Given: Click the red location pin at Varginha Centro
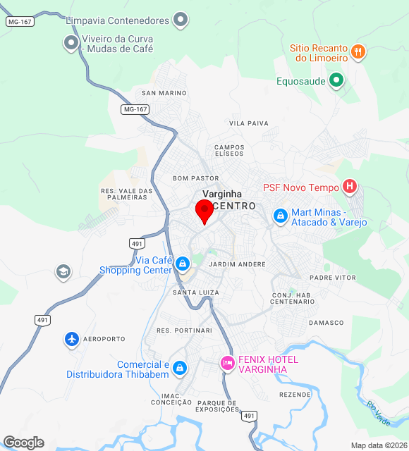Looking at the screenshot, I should point(204,211).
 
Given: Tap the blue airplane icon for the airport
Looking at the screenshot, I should point(71,339).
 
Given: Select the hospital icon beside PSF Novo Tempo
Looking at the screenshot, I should point(349,187).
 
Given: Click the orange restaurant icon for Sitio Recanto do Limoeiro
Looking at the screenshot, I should point(358,51).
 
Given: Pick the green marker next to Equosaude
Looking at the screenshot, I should point(337,80).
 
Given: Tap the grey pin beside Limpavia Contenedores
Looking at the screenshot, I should point(181,20).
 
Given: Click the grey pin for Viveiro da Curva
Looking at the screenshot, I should point(71,44).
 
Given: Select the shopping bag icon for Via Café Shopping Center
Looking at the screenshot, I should point(183,264).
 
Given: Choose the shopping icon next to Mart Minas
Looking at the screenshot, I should point(280,215).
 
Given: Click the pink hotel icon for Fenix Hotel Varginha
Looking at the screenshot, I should point(227,363).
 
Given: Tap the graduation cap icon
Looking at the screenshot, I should point(63,271).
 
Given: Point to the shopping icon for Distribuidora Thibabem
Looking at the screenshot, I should point(180,368).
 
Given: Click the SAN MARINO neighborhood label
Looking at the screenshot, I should point(164,93).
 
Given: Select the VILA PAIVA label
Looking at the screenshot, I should point(249,123).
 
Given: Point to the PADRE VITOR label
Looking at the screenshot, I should point(333,278).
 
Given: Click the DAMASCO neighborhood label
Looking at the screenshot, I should point(325,323).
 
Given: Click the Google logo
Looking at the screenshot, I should point(23,442).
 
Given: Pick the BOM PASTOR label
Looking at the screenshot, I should point(196,178).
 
